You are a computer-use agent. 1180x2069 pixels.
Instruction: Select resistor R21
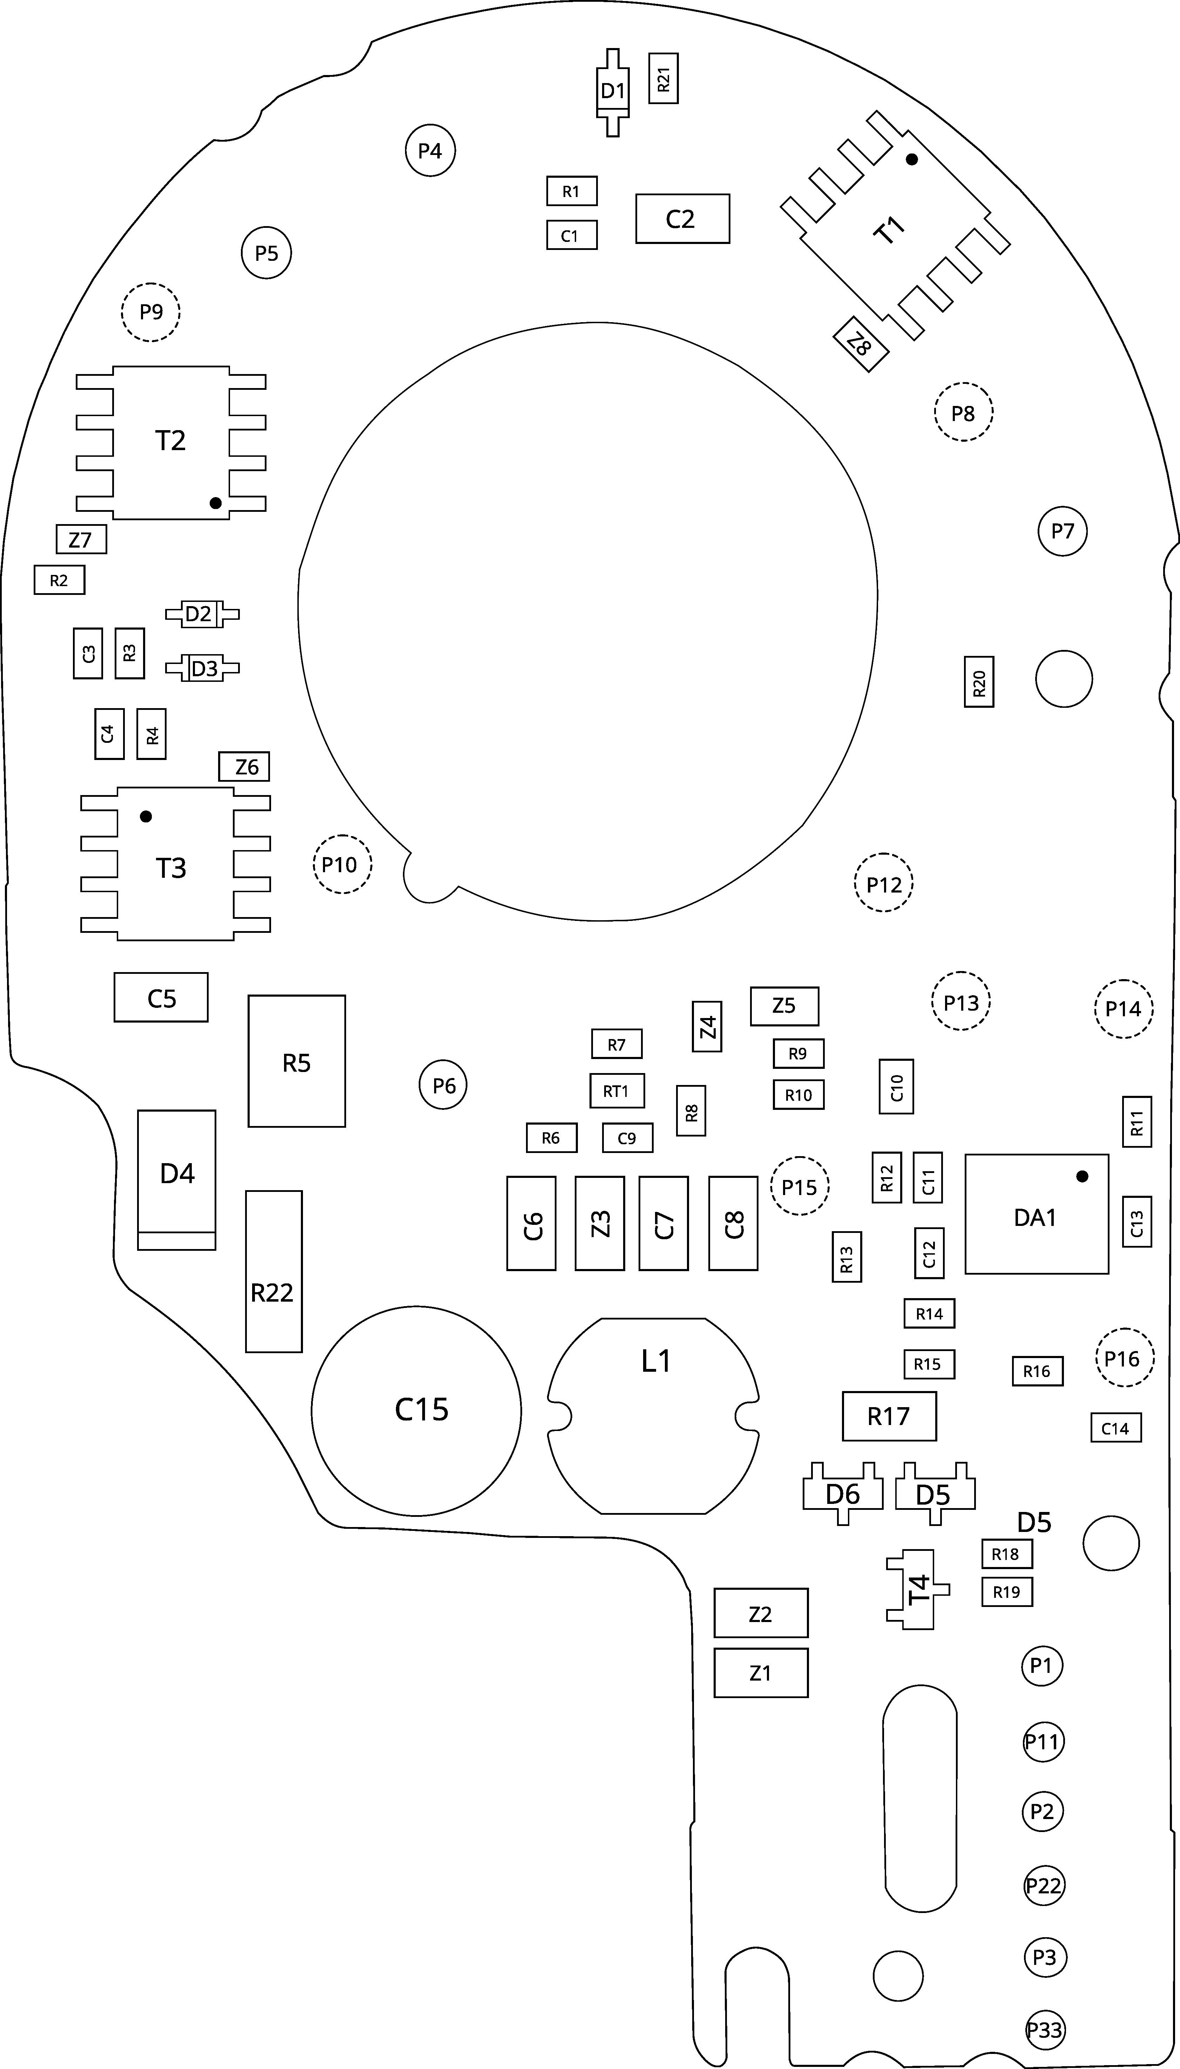coord(664,79)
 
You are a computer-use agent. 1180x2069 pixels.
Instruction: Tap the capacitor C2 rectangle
coord(682,219)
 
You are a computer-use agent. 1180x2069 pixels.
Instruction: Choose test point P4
coord(430,151)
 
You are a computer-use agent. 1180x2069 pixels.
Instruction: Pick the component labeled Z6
coord(244,766)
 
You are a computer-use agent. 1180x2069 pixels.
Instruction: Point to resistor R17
coord(889,1416)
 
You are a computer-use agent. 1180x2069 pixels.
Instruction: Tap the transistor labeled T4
coord(916,1589)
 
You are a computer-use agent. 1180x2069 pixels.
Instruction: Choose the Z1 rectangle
coord(760,1673)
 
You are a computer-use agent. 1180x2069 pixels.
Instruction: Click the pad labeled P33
coord(1044,2030)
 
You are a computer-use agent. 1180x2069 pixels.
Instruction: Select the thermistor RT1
coord(617,1091)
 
